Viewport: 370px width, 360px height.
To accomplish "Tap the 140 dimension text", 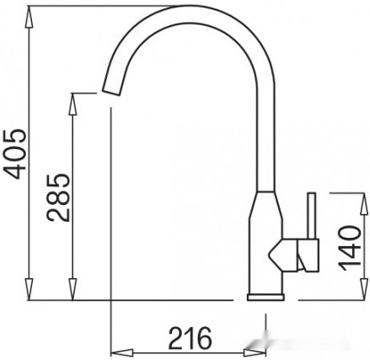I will (355, 245).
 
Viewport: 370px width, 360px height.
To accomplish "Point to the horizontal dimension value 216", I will (189, 338).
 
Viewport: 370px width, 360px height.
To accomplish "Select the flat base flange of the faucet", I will (266, 297).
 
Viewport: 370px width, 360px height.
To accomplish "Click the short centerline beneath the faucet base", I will (266, 325).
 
